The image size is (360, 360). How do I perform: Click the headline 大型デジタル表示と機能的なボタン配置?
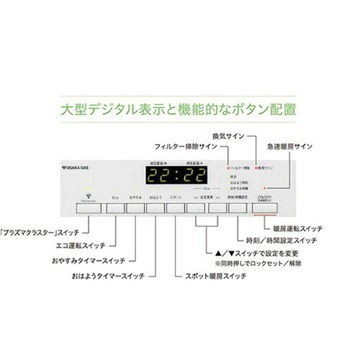coord(179,112)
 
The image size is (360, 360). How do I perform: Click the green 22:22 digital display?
coord(177,177)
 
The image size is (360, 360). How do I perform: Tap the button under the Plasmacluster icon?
coord(89,209)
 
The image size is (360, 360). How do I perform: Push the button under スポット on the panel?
coord(175,209)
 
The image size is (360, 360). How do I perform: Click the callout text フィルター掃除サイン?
coord(185,145)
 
